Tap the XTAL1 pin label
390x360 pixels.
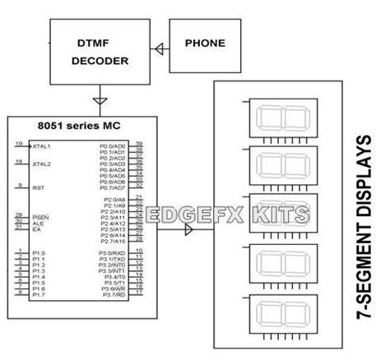coord(41,146)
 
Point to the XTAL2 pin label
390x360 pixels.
coord(41,164)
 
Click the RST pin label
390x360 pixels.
coord(37,187)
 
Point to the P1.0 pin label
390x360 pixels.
coord(38,253)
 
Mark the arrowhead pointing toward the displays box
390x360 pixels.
coord(188,231)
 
